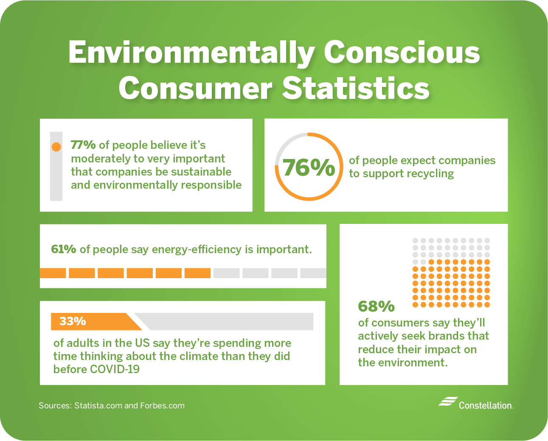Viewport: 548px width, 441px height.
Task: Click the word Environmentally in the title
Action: tap(191, 53)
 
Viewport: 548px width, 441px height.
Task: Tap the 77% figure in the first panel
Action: tap(83, 145)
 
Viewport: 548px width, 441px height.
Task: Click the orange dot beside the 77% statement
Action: tap(56, 147)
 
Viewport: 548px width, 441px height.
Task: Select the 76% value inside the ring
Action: tap(309, 167)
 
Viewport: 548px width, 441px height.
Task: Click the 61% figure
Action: tap(63, 249)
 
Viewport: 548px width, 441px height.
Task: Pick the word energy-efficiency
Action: tap(197, 249)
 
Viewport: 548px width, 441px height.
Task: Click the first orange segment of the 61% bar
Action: tap(53, 273)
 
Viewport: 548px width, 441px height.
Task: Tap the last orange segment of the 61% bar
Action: tap(197, 273)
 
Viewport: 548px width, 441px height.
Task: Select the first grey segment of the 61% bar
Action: tap(226, 273)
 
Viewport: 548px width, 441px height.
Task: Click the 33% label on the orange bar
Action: tap(73, 321)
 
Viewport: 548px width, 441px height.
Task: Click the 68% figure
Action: tap(376, 306)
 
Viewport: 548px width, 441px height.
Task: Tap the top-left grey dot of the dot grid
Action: tap(416, 240)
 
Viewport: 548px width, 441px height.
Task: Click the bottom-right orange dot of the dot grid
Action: tap(487, 304)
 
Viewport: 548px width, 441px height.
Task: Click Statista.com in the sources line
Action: tap(98, 406)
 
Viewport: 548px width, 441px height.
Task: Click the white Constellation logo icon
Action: tap(447, 402)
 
